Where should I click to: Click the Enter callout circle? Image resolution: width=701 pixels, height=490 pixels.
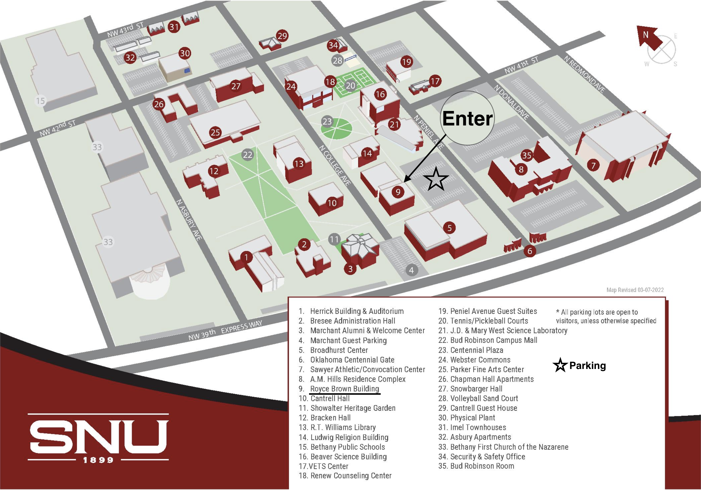pyautogui.click(x=467, y=118)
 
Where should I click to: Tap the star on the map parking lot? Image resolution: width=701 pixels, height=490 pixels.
pyautogui.click(x=436, y=179)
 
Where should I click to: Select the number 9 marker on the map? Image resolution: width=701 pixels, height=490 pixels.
pyautogui.click(x=398, y=192)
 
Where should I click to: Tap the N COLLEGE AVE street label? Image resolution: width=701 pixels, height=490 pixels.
pyautogui.click(x=335, y=165)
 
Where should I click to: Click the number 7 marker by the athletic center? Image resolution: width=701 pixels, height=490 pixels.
pyautogui.click(x=593, y=166)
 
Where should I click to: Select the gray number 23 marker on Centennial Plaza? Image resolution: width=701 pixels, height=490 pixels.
pyautogui.click(x=327, y=122)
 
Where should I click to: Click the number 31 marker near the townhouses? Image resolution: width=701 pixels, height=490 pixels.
pyautogui.click(x=174, y=27)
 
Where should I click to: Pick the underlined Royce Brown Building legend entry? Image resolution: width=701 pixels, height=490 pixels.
pyautogui.click(x=344, y=389)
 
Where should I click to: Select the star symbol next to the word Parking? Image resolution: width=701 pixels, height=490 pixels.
pyautogui.click(x=560, y=365)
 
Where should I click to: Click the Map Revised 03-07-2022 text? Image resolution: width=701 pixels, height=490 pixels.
pyautogui.click(x=635, y=290)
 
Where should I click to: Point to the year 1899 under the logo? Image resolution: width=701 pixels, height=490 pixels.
pyautogui.click(x=98, y=460)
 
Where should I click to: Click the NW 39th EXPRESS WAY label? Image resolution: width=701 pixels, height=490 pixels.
pyautogui.click(x=225, y=331)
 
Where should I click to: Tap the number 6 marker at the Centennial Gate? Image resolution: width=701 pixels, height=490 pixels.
pyautogui.click(x=530, y=251)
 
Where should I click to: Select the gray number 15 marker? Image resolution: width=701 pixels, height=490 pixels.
pyautogui.click(x=40, y=101)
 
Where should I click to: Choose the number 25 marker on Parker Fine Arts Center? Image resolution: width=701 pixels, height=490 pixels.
pyautogui.click(x=215, y=133)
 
